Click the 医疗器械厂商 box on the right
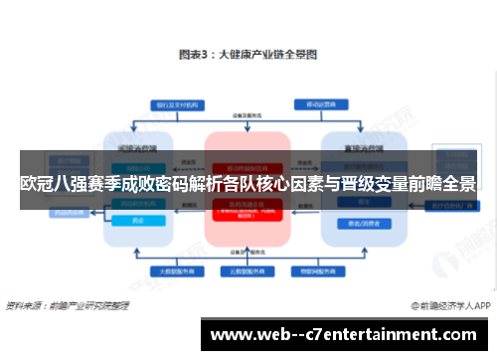tap(445, 205)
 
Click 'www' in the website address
tap(231, 336)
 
